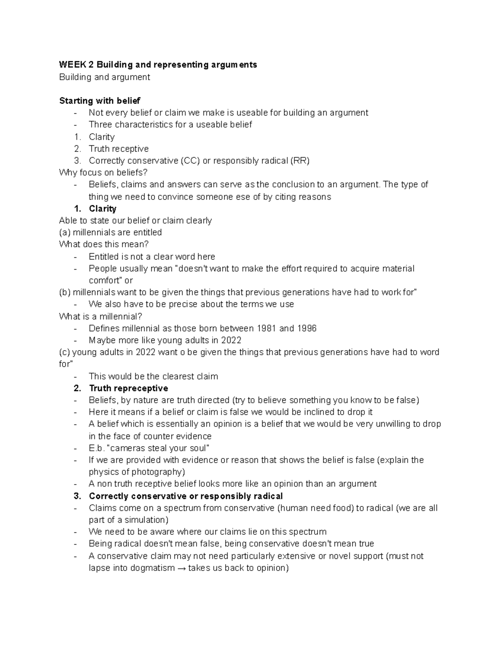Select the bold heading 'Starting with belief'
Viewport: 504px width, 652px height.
(100, 101)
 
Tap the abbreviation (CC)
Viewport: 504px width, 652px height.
(190, 161)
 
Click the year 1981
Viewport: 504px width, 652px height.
(266, 328)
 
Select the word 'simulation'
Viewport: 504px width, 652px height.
(144, 520)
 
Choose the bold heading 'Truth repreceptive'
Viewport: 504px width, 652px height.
(129, 388)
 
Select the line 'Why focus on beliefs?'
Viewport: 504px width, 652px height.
(103, 173)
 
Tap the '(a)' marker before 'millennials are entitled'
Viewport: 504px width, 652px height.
(65, 233)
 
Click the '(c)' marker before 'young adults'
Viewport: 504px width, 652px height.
(65, 352)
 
